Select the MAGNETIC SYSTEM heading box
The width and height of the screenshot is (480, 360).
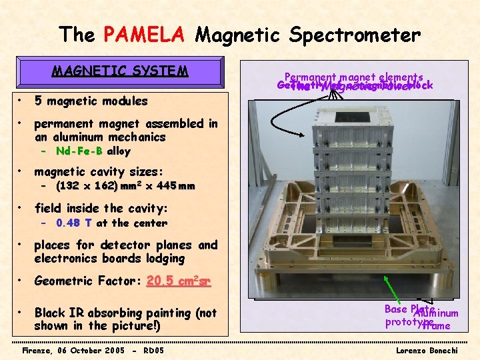coord(120,71)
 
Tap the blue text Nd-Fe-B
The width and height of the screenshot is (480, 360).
coord(79,151)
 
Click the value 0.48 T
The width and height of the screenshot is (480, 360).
coord(73,223)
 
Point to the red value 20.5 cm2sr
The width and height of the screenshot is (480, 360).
coord(178,281)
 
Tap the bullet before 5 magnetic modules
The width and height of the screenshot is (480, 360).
coord(22,101)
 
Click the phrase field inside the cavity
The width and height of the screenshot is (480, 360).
coord(101,208)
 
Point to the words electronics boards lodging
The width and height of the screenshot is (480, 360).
coord(109,259)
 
